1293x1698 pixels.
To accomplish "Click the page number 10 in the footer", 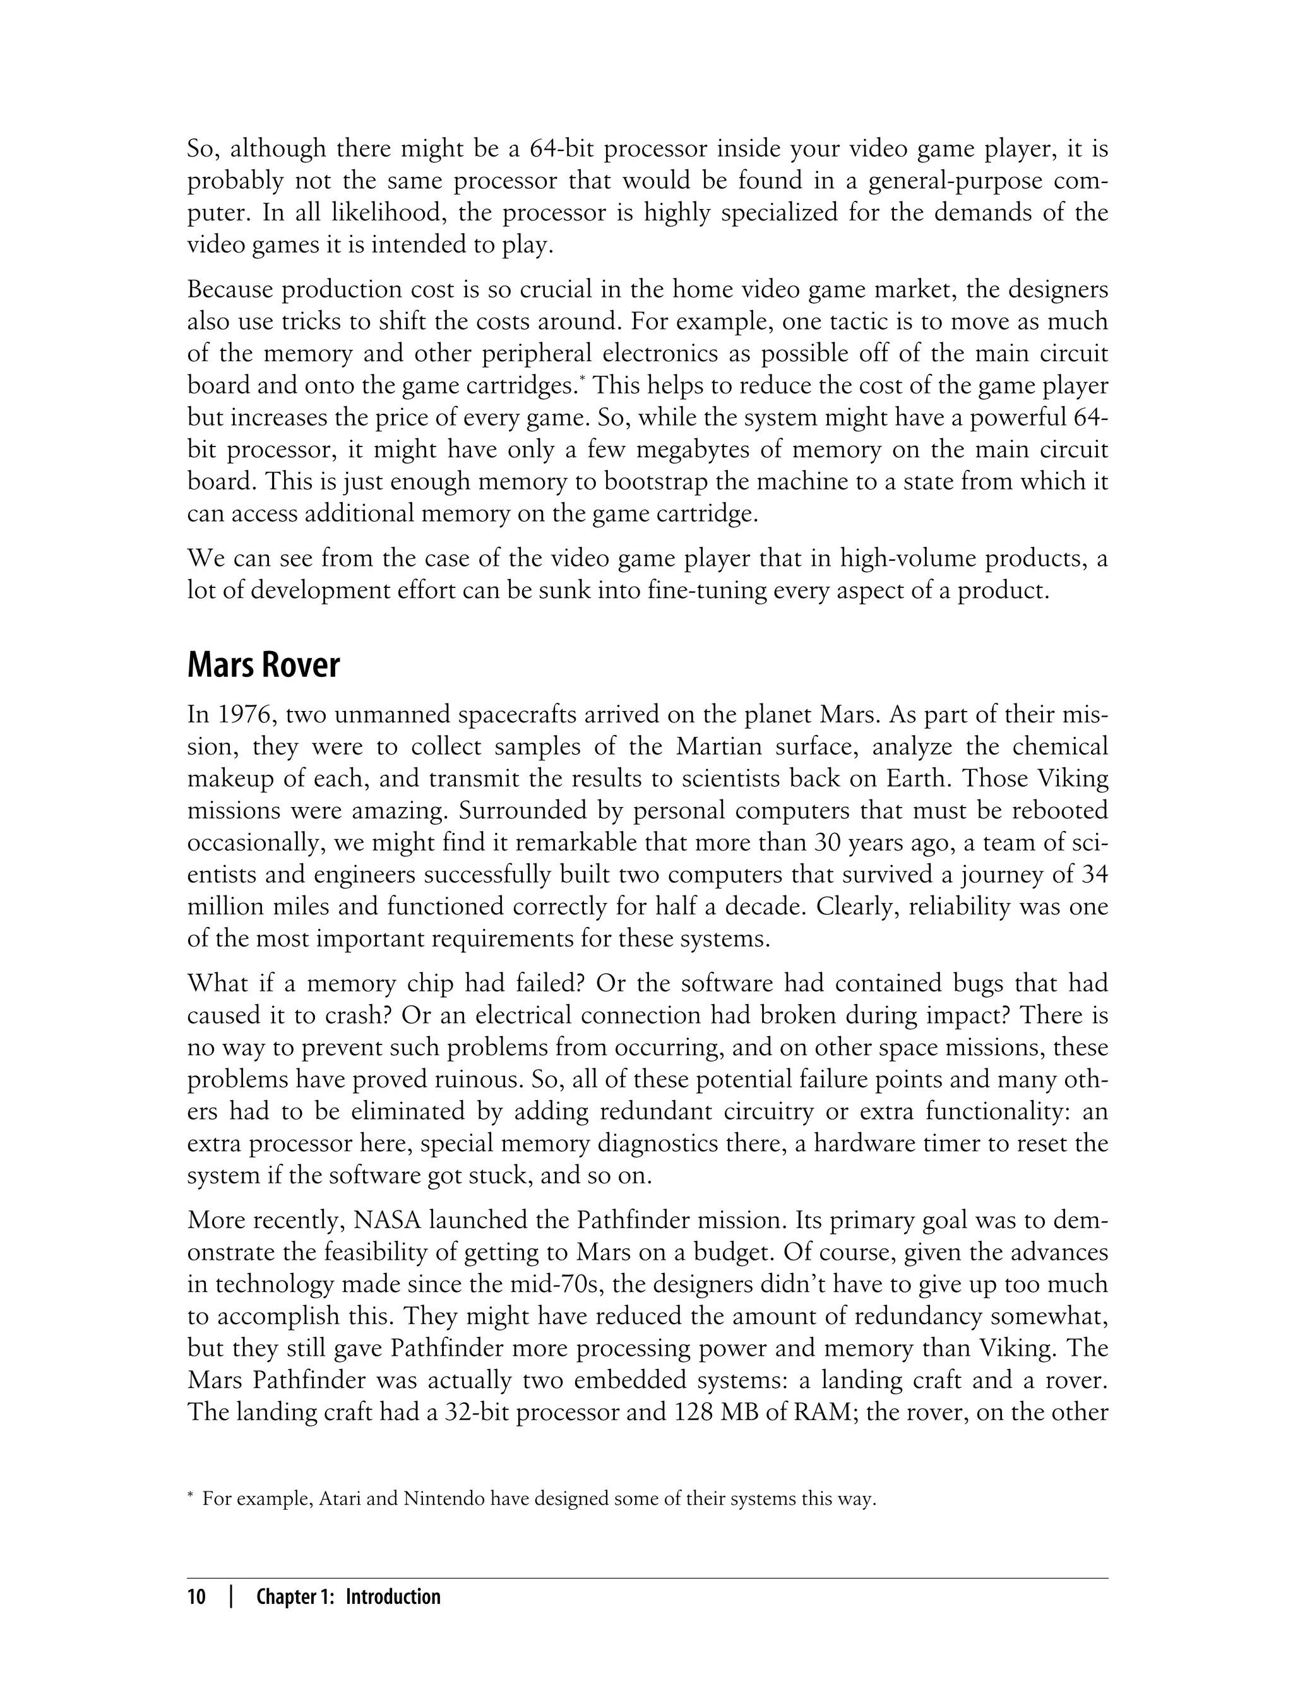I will [197, 1597].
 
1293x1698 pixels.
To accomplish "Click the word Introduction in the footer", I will [393, 1597].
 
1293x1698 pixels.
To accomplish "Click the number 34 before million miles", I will [1093, 875].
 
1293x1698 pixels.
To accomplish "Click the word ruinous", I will [486, 1080].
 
